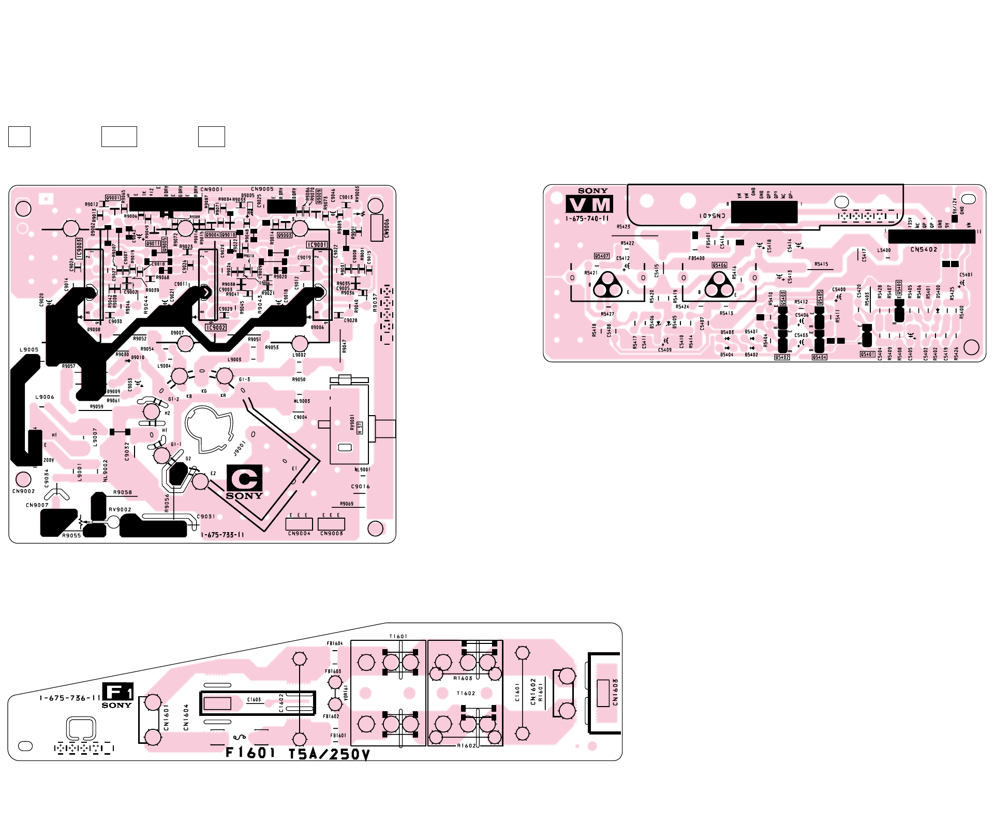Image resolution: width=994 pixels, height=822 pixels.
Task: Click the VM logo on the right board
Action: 589,204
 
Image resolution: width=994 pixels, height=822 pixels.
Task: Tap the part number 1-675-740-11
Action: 587,219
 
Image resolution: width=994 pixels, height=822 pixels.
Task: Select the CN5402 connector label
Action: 924,249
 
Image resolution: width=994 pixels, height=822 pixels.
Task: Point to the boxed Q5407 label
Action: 601,256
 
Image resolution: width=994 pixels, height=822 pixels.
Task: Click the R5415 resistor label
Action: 821,265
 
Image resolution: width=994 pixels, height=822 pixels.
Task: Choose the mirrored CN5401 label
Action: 713,215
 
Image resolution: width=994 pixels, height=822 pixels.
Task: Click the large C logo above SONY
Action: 244,478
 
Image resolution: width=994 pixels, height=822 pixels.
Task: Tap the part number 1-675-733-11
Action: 222,535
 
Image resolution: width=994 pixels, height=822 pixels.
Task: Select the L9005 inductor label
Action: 29,350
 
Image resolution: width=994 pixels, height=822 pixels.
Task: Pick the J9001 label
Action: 239,448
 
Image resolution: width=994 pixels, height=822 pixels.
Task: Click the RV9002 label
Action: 120,510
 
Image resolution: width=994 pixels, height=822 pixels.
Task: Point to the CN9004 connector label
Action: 299,534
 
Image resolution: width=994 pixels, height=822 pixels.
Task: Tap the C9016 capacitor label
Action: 360,487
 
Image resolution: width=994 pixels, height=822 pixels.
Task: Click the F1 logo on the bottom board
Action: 117,692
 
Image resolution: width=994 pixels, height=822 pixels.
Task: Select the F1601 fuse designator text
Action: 250,753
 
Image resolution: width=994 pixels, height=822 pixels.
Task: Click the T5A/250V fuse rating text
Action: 329,754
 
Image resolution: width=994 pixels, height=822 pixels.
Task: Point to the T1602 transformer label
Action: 466,694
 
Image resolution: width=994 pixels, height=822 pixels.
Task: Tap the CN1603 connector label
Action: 615,693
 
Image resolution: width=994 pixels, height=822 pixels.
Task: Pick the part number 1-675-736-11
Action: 70,698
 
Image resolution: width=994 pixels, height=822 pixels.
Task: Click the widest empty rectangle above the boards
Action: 119,137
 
